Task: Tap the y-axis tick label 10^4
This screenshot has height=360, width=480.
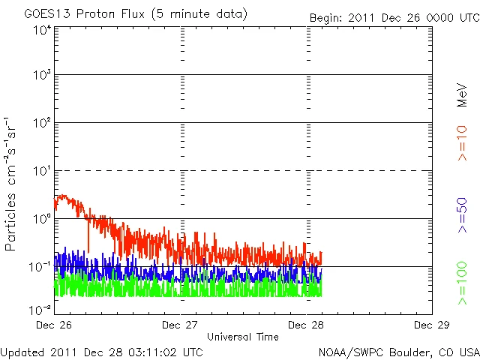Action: pos(41,29)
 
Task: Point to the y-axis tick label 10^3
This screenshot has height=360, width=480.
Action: pos(41,76)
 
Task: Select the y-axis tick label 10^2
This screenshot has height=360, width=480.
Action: pos(41,124)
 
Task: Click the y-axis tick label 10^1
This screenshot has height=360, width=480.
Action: pos(41,171)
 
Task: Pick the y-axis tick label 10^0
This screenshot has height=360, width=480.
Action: pos(41,218)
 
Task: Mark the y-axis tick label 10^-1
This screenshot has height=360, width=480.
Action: pos(40,265)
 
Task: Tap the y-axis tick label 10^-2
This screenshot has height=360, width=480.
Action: pos(40,309)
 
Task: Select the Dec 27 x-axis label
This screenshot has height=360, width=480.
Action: pos(181,325)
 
